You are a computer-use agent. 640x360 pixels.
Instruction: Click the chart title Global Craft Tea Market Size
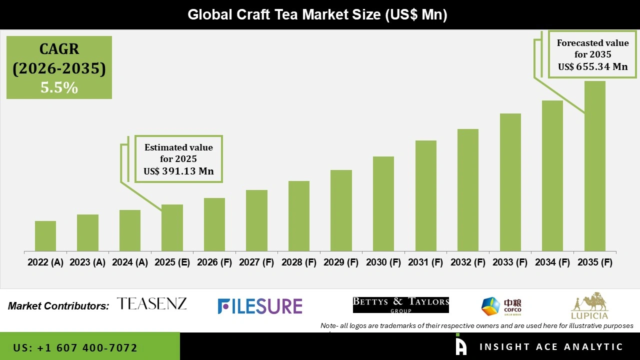[x=317, y=14]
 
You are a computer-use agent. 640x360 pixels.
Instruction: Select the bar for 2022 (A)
[x=45, y=236]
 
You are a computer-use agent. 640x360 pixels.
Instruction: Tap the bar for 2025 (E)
[x=172, y=227]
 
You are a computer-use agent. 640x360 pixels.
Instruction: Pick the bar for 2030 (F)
[x=383, y=203]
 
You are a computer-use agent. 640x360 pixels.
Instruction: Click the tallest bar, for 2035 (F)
[x=595, y=166]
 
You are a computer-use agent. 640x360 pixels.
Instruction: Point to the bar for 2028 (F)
[x=299, y=216]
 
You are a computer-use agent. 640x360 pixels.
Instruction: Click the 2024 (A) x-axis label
[x=129, y=262]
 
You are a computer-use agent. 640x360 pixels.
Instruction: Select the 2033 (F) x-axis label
[x=510, y=262]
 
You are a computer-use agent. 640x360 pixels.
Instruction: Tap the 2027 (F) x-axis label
[x=256, y=262]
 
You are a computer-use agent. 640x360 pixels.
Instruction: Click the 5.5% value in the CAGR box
[x=59, y=88]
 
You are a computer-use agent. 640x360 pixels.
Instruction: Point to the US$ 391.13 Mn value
[x=178, y=171]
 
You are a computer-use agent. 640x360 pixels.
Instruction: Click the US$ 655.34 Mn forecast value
[x=593, y=66]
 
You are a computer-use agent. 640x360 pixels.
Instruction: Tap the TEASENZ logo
[x=151, y=303]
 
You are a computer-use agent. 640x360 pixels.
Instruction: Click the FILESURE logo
[x=260, y=306]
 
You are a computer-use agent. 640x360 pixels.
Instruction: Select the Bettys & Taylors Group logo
[x=400, y=304]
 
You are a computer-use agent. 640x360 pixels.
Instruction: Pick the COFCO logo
[x=501, y=306]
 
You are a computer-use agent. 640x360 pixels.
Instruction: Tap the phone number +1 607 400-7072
[x=75, y=347]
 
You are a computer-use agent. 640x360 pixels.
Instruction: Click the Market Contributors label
[x=58, y=306]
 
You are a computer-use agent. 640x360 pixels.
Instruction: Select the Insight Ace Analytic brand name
[x=551, y=347]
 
